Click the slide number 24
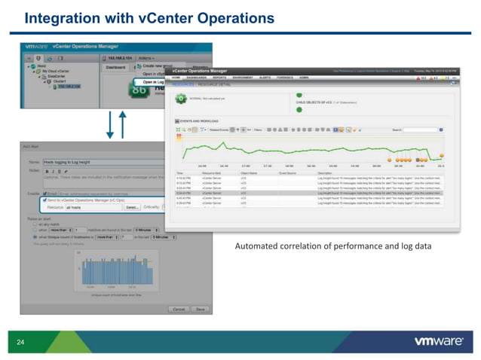point(20,342)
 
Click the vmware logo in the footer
point(438,341)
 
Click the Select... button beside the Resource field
point(132,206)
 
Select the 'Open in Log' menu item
point(149,81)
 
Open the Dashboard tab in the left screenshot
point(114,67)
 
